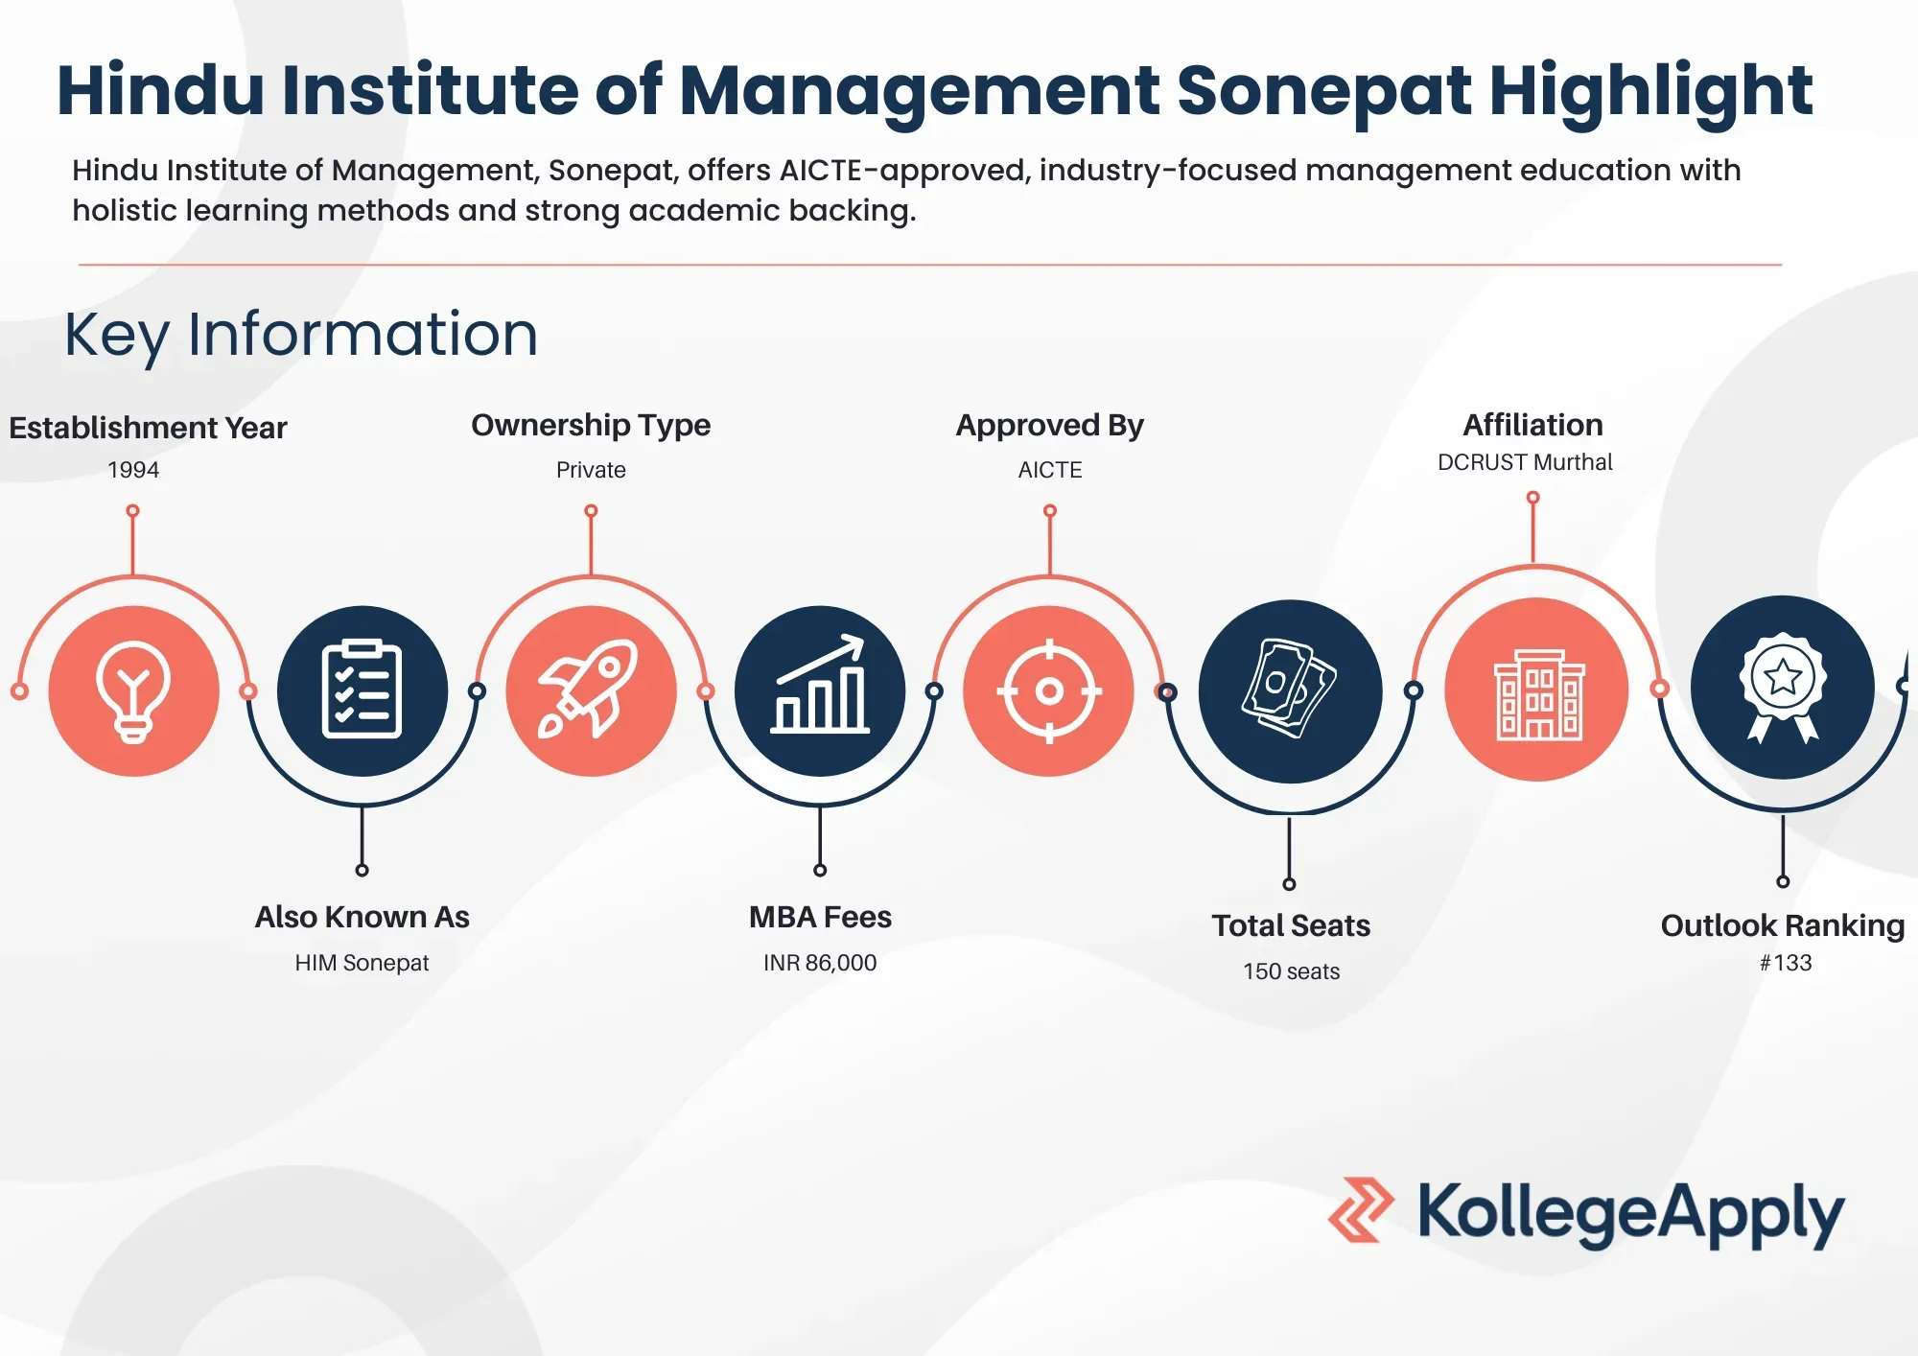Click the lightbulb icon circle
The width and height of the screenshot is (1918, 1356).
[x=134, y=690]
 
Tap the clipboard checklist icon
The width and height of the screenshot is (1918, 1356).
[x=363, y=689]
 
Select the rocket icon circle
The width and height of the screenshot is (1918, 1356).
[x=591, y=690]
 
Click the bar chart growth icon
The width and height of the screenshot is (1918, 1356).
[x=820, y=684]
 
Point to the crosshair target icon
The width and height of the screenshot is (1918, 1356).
[x=1049, y=690]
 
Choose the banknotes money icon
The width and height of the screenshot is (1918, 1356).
[x=1289, y=688]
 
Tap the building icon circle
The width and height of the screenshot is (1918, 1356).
[x=1536, y=690]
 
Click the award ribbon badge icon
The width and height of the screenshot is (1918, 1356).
[x=1783, y=687]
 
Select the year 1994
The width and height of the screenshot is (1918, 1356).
[x=133, y=470]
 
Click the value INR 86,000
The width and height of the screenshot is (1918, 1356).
[x=820, y=963]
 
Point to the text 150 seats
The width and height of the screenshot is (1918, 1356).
[x=1291, y=971]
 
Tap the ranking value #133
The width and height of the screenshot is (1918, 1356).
[x=1786, y=963]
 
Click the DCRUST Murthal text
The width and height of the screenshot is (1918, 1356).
[x=1525, y=462]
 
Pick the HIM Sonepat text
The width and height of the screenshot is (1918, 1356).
[x=362, y=963]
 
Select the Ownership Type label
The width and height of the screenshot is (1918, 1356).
[x=591, y=425]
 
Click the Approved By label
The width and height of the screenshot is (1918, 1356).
[x=1050, y=425]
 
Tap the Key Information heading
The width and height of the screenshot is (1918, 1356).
[x=301, y=335]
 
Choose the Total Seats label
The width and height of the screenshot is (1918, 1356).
[x=1291, y=925]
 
